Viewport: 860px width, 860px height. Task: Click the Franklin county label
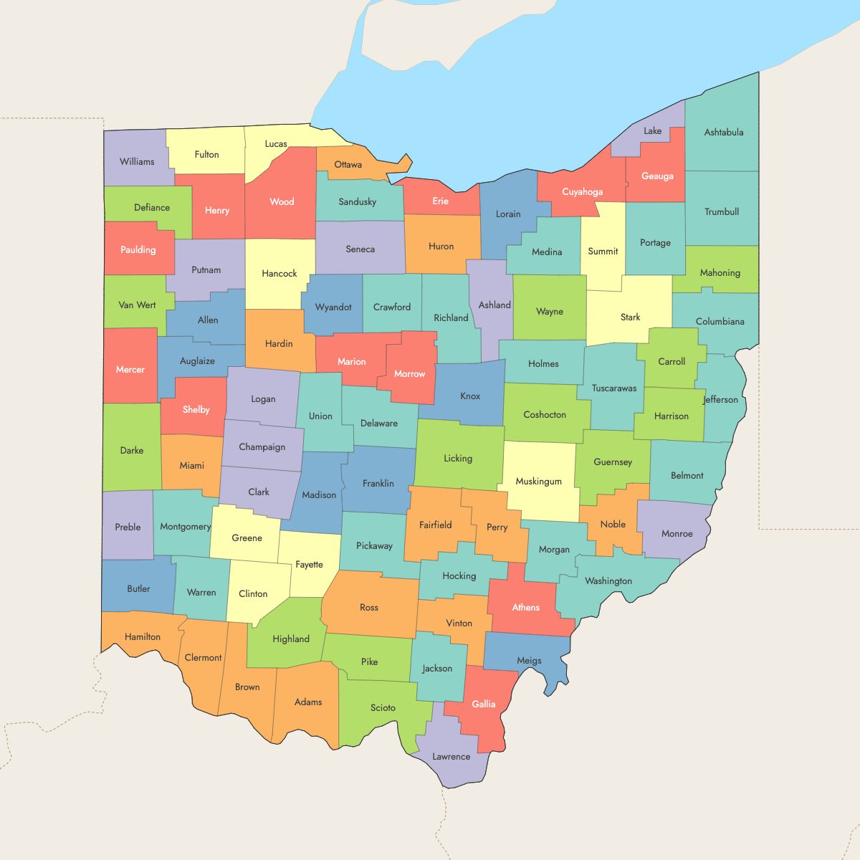pos(378,484)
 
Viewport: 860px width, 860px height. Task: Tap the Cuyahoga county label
pos(582,192)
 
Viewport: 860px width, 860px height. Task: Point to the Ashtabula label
pos(723,133)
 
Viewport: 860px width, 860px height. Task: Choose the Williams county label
pos(137,162)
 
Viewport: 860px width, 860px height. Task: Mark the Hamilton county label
pos(143,637)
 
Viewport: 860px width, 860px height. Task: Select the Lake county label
pos(652,131)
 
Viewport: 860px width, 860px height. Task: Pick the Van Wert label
pos(137,305)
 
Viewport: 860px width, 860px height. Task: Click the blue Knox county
pos(470,396)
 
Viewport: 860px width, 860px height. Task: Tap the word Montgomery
pos(185,527)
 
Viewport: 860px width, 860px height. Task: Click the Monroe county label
pos(677,534)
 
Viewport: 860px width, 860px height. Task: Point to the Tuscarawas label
pos(613,388)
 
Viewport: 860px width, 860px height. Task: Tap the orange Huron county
pos(441,247)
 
